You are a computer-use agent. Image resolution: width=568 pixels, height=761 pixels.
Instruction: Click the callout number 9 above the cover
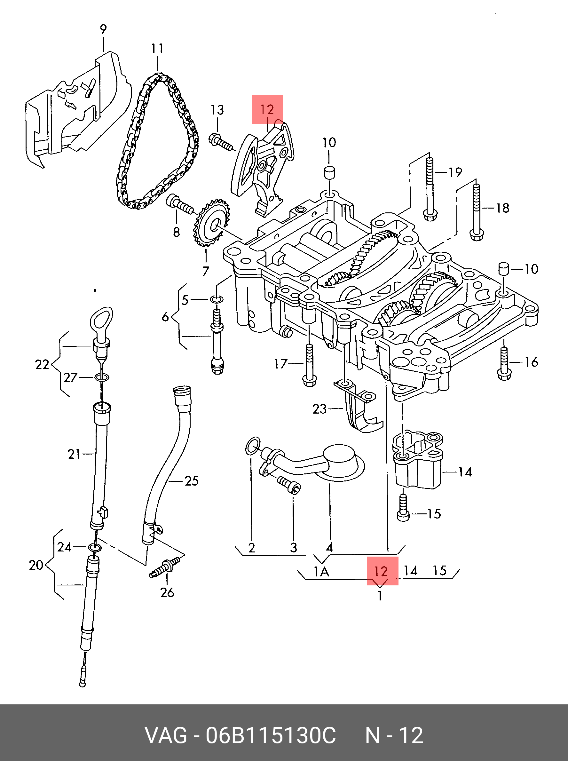[104, 29]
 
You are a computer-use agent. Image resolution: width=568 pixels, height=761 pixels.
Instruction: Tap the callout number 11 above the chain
[157, 49]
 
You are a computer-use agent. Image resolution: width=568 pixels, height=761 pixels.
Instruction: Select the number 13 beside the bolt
[217, 110]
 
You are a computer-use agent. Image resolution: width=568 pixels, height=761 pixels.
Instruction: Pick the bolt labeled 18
[477, 212]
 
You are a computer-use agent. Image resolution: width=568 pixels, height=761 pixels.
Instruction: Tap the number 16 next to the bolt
[531, 362]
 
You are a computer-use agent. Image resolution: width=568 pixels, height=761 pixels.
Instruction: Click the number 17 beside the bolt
[280, 363]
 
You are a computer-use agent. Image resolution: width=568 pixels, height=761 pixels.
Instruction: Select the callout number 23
[319, 409]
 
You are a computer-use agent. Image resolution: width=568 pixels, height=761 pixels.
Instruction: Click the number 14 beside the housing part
[465, 472]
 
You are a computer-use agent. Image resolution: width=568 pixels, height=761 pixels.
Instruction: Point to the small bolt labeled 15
[403, 508]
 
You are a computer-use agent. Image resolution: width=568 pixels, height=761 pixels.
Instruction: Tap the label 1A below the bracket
[321, 572]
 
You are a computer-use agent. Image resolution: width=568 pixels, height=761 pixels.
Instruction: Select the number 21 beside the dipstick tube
[74, 454]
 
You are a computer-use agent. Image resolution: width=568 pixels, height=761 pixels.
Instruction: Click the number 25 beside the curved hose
[192, 481]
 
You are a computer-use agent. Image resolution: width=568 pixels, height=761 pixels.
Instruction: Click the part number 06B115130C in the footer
[271, 735]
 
